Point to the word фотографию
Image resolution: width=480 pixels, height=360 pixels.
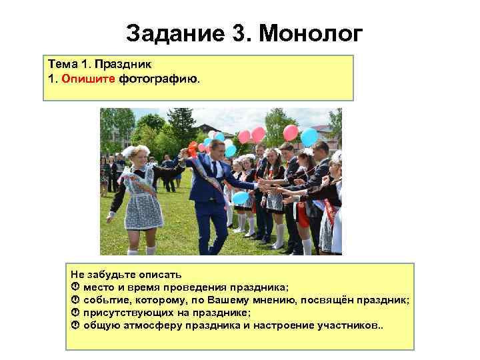click(158, 78)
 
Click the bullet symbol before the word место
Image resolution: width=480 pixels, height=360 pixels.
click(75, 287)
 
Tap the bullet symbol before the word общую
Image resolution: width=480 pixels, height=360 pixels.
click(75, 325)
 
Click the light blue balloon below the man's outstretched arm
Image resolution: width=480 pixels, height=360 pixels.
click(241, 197)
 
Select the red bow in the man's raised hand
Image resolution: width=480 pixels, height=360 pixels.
click(193, 148)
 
